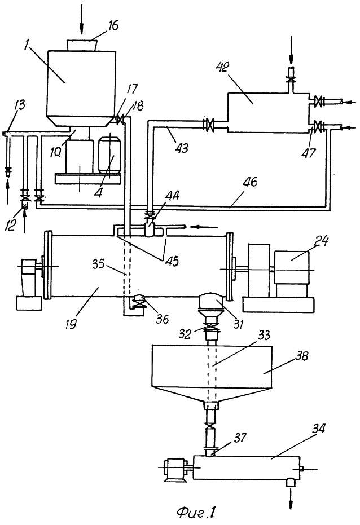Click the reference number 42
point(223,67)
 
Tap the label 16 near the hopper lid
point(113,25)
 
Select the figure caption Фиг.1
point(196,512)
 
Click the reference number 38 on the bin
point(301,356)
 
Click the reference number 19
point(71,324)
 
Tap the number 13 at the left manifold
point(20,105)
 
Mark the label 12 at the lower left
point(10,225)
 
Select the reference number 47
point(309,153)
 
